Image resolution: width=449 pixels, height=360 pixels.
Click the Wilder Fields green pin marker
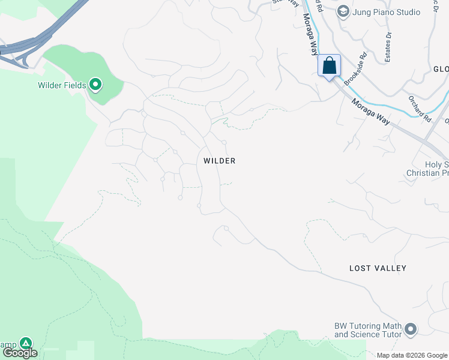[95, 85]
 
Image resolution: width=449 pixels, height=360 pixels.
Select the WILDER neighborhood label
[219, 161]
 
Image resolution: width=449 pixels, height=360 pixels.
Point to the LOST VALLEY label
[378, 268]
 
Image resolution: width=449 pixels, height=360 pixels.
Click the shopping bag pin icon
[329, 65]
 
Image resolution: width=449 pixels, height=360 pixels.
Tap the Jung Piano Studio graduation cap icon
[343, 11]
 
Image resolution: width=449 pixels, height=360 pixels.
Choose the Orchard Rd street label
[420, 109]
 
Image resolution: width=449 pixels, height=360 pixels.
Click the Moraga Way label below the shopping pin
[371, 112]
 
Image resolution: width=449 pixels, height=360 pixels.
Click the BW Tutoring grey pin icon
[411, 329]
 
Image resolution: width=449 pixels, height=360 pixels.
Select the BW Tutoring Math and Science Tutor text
[367, 330]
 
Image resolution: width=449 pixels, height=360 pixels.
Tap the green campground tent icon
[25, 343]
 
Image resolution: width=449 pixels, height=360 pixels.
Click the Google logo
[20, 353]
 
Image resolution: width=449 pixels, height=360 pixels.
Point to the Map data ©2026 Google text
[412, 355]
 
